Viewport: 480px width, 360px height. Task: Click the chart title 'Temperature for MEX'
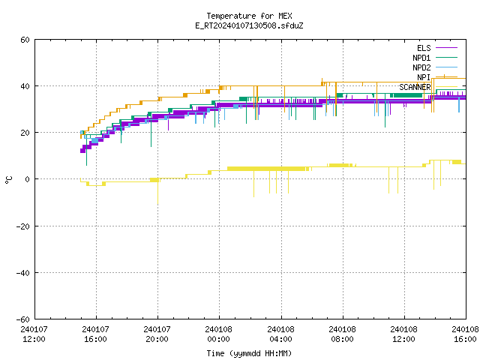coord(249,16)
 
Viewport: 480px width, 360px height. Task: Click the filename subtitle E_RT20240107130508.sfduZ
coord(249,25)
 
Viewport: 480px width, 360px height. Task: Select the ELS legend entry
coord(437,48)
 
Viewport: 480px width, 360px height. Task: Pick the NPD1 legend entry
coord(435,58)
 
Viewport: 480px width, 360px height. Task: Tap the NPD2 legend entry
coord(435,67)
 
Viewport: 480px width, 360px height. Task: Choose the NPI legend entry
coord(437,77)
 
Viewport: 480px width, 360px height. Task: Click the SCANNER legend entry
coord(428,87)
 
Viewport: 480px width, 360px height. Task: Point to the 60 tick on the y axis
coord(25,40)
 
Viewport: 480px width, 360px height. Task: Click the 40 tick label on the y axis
coord(25,86)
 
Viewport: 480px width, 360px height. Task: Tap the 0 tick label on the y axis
coord(28,179)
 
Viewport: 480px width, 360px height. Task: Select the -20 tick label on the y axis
coord(23,226)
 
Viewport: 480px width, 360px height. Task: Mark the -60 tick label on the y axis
coord(23,319)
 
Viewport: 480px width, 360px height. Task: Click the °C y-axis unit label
coord(9,180)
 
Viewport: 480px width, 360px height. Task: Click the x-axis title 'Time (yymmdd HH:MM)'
coord(249,353)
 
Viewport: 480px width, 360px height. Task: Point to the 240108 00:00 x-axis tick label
coord(219,334)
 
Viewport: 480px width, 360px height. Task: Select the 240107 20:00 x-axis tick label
coord(157,334)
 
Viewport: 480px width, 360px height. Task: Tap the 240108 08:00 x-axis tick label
coord(342,334)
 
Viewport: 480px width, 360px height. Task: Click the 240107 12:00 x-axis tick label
coord(34,334)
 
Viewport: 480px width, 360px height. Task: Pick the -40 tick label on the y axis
coord(23,273)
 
